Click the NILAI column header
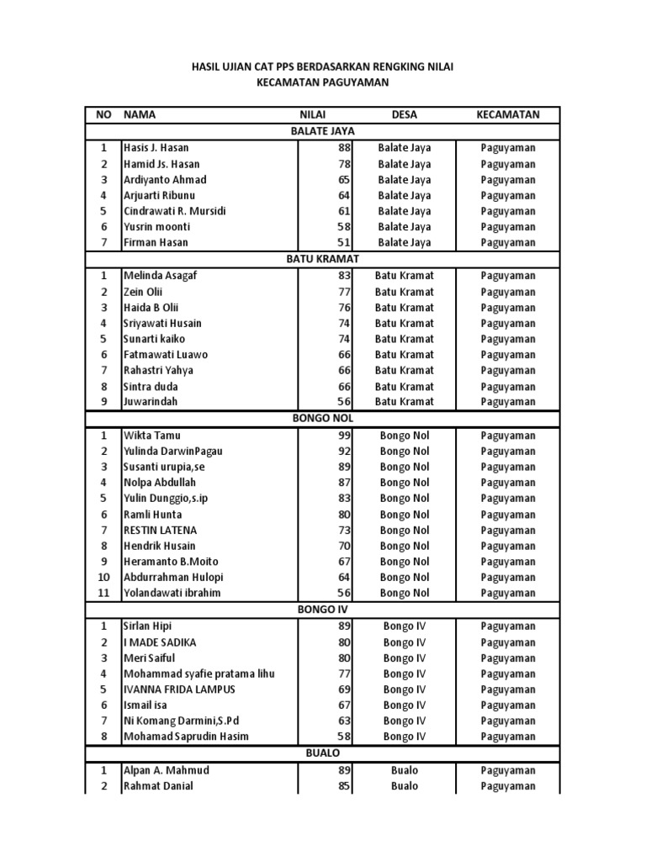313,114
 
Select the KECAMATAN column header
508,114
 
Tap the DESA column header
404,114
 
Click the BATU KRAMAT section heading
322,260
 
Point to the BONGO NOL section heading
322,418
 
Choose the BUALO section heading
322,753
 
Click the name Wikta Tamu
152,436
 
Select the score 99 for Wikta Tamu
342,436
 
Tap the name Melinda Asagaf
161,276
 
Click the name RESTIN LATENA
161,531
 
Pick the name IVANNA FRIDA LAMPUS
179,689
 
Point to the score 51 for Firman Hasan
342,243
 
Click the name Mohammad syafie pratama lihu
199,673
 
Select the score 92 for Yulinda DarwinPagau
342,452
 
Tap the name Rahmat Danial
158,786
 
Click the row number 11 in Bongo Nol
104,594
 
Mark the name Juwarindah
152,402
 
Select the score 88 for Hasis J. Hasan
342,148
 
